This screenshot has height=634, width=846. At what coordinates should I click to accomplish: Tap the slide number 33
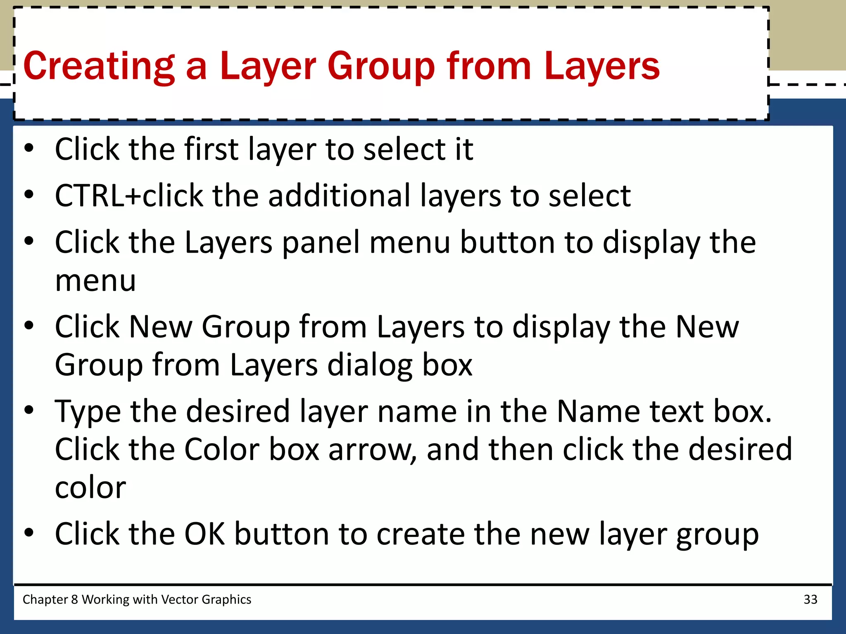pos(810,599)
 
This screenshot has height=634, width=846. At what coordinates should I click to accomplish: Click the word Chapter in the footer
pos(45,599)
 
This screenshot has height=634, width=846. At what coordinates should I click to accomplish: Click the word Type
pos(88,412)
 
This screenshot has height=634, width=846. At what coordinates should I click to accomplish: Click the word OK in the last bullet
pos(204,534)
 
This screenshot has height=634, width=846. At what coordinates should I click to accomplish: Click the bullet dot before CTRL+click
pos(29,194)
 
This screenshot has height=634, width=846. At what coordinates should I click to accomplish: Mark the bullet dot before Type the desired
pos(29,410)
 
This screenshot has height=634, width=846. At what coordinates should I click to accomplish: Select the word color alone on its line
pos(90,488)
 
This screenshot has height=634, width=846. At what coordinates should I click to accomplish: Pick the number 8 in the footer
pos(74,599)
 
